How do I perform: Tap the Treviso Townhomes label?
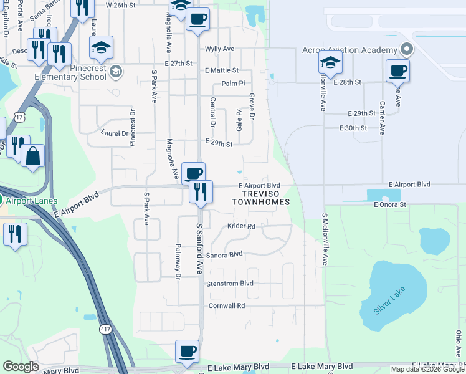pos(261,198)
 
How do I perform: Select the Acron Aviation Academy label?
pos(349,50)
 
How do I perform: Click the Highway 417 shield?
pos(107,328)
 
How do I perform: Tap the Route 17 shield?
pos(21,117)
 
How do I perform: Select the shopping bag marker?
pos(32,155)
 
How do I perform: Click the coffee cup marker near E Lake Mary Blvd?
pos(187,350)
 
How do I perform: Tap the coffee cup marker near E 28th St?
pos(397,70)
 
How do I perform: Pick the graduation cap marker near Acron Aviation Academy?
pos(330,62)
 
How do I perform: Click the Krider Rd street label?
pos(241,226)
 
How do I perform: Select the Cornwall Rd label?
pos(227,305)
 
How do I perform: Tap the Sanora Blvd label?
pos(224,254)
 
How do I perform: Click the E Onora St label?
pos(390,204)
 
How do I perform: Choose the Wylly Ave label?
pos(219,49)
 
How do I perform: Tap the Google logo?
pos(21,367)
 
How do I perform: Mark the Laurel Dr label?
pos(114,132)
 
